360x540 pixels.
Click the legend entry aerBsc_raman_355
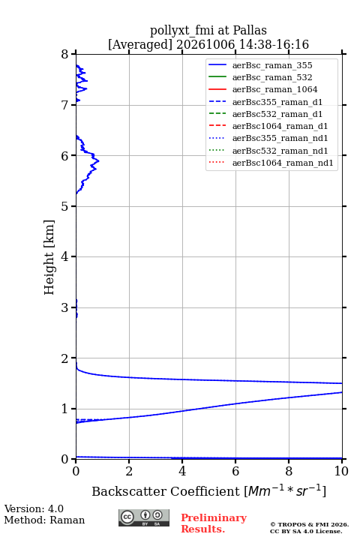point(272,65)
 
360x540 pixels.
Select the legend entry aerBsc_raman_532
point(272,77)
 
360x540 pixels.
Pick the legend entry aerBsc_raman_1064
point(275,89)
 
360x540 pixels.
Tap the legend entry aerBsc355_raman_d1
point(277,102)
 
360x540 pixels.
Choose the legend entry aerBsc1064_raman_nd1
point(283,163)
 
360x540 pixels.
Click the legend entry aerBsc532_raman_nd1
point(280,151)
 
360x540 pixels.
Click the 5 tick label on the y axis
point(65,206)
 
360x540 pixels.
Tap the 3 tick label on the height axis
point(65,307)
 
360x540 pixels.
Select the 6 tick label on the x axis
point(235,471)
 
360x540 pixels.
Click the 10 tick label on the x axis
point(341,471)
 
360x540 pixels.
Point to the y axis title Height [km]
point(49,257)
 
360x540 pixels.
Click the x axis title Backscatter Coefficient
point(165,491)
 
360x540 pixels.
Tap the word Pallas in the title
point(250,30)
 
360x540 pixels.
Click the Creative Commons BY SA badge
point(144,517)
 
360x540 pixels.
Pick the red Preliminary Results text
point(214,523)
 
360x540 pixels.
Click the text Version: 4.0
point(34,508)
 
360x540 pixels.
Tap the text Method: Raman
point(44,520)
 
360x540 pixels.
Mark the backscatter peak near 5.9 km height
point(98,160)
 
